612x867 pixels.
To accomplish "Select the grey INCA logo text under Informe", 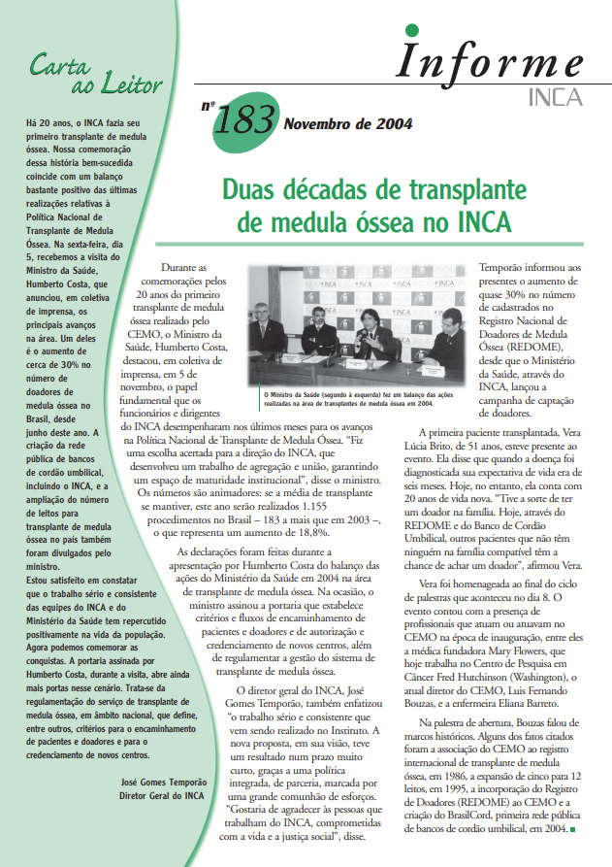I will [x=556, y=97].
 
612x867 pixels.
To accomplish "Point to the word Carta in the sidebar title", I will [x=62, y=66].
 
